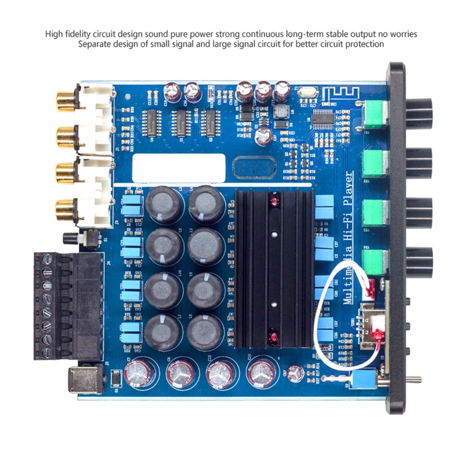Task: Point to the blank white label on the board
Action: [x=178, y=167]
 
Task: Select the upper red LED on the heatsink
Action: [x=273, y=202]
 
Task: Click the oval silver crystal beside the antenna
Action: [x=302, y=92]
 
